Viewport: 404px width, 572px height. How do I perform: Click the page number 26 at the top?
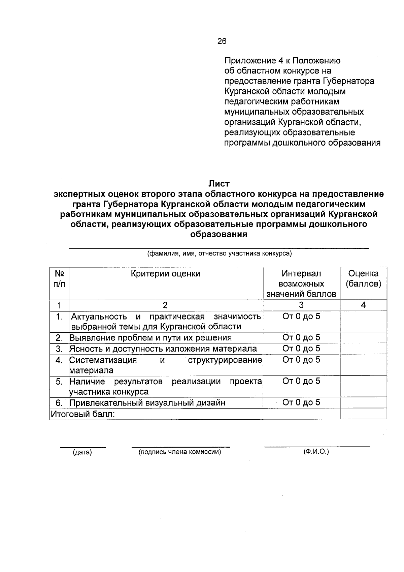click(x=222, y=41)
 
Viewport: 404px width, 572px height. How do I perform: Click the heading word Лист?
click(x=219, y=184)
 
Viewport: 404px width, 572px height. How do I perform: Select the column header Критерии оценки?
click(x=165, y=274)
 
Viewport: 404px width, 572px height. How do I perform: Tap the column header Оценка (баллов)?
click(x=363, y=278)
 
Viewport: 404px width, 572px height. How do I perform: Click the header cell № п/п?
click(x=59, y=278)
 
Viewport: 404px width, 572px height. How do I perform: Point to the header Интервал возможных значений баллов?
click(x=301, y=283)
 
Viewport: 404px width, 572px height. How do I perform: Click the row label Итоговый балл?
click(x=83, y=414)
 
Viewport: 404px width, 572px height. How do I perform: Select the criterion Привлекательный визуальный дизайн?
click(x=147, y=403)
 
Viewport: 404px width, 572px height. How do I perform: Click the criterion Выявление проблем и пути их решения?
click(x=150, y=338)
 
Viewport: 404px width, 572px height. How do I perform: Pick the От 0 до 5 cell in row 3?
click(x=301, y=349)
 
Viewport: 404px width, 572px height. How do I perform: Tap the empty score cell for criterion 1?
click(x=363, y=321)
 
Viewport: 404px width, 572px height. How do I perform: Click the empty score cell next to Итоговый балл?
click(x=363, y=414)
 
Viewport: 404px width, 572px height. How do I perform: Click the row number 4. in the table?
click(x=59, y=360)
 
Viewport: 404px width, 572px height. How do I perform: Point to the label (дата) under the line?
click(x=82, y=452)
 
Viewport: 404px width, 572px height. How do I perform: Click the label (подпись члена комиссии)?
click(x=180, y=452)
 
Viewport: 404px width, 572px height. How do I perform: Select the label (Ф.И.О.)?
click(x=316, y=452)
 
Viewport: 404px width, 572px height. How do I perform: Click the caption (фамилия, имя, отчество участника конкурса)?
click(x=219, y=253)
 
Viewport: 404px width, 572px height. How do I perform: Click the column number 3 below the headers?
click(x=301, y=305)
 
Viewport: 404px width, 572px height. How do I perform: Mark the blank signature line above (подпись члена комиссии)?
click(x=181, y=446)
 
